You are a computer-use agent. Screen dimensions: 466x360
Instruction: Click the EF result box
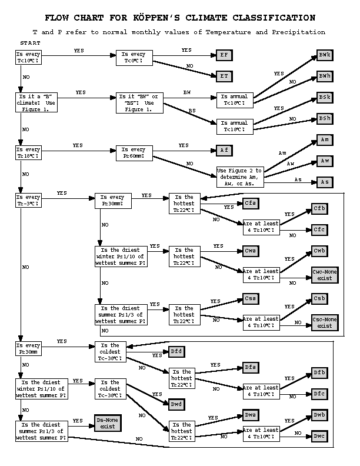click(223, 55)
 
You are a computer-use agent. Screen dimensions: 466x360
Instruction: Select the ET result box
click(223, 76)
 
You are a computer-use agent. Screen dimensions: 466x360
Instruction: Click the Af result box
click(223, 150)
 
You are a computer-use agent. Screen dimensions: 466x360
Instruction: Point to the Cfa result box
click(251, 203)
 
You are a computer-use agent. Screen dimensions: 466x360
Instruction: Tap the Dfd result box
click(176, 352)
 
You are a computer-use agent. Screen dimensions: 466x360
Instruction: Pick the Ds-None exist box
click(108, 423)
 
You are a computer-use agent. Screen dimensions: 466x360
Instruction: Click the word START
click(31, 44)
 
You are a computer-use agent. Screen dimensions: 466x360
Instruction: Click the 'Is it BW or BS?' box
click(139, 100)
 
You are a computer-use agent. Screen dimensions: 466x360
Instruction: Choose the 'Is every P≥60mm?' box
click(138, 153)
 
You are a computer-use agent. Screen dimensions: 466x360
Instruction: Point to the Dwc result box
click(319, 436)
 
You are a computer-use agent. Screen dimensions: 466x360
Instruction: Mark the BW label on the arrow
click(187, 93)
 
